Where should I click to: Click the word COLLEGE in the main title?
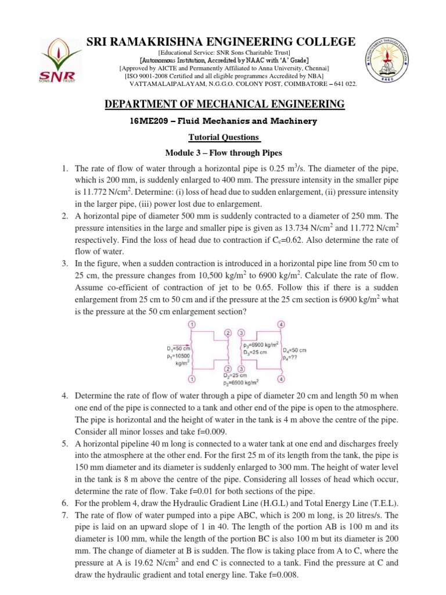(x=321, y=41)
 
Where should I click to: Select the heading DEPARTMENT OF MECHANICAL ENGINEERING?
(x=224, y=104)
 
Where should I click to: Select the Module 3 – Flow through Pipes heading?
(x=224, y=153)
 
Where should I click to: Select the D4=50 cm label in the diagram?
(x=294, y=350)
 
